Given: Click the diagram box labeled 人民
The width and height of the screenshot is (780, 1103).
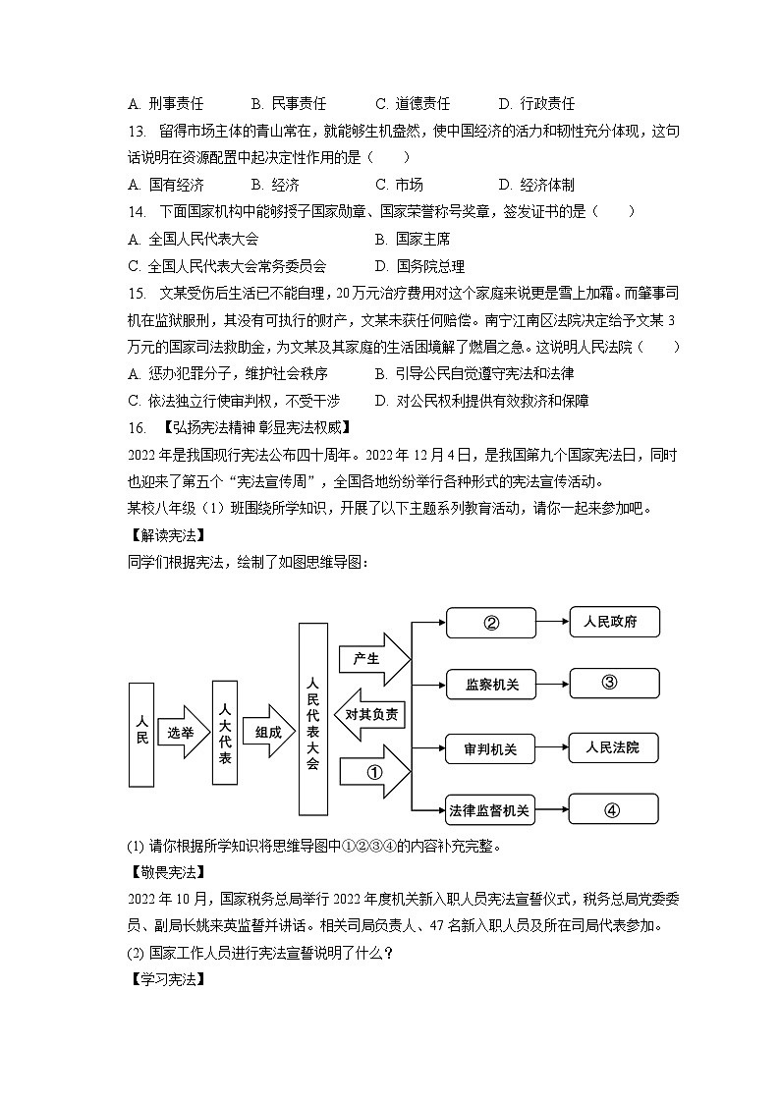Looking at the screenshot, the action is pyautogui.click(x=142, y=734).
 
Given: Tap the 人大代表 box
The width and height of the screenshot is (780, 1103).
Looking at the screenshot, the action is pyautogui.click(x=225, y=732).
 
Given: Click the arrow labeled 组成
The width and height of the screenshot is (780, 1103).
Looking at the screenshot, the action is pyautogui.click(x=268, y=732).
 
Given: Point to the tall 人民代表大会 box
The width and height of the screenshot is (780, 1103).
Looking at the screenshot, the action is pyautogui.click(x=312, y=719).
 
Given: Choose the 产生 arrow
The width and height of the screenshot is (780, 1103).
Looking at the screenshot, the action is pyautogui.click(x=370, y=659).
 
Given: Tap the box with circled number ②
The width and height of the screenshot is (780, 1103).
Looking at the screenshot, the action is pyautogui.click(x=491, y=623).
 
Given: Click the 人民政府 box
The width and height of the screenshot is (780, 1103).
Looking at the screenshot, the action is pyautogui.click(x=613, y=622).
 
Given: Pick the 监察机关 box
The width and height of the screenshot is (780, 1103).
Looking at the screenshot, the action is pyautogui.click(x=491, y=685).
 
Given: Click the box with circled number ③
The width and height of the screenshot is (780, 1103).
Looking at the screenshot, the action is pyautogui.click(x=613, y=684).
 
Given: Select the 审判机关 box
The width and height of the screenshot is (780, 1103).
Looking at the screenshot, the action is pyautogui.click(x=491, y=749).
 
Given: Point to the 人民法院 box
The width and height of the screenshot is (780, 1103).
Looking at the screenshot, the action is pyautogui.click(x=613, y=748).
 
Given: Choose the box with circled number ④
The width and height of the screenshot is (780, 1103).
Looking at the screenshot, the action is pyautogui.click(x=613, y=810).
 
